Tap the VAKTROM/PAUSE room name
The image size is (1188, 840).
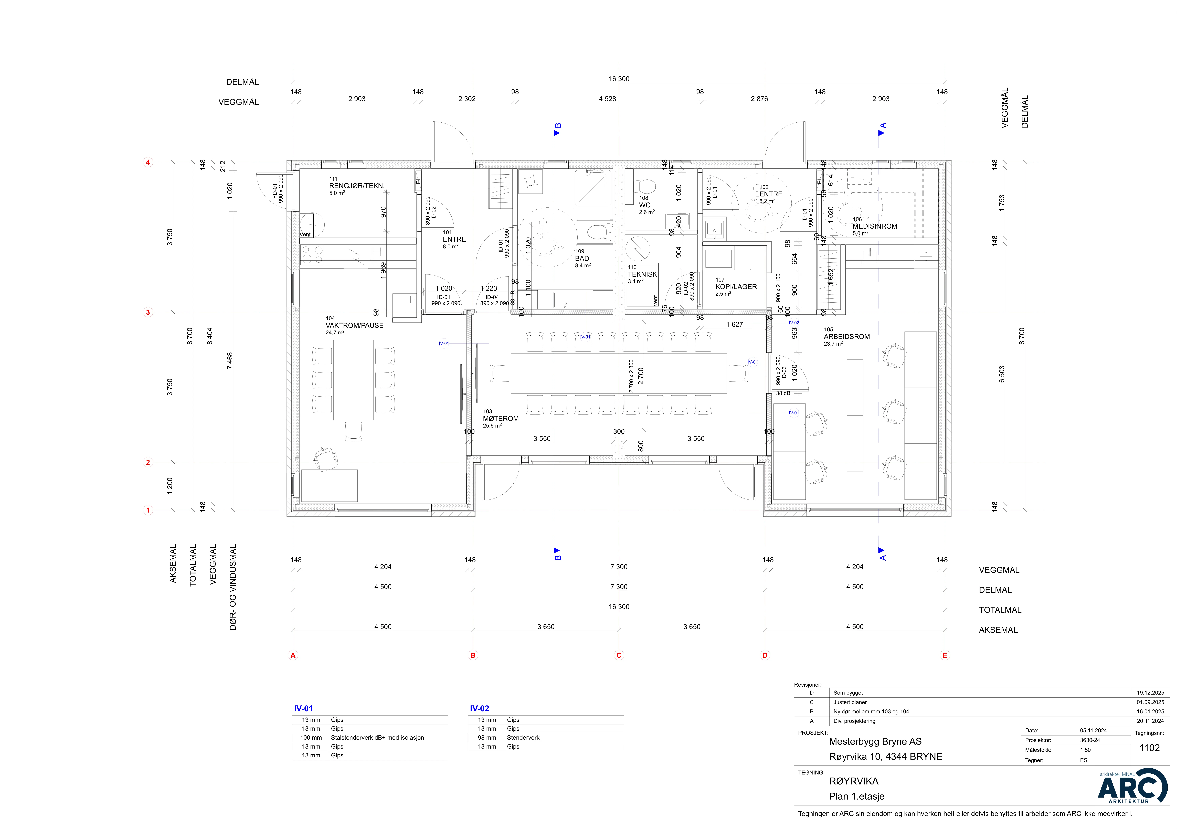click(x=354, y=326)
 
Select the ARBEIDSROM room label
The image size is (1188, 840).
click(x=846, y=336)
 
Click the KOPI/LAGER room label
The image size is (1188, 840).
click(x=736, y=287)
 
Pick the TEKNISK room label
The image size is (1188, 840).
click(x=642, y=274)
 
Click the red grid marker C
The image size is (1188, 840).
click(x=619, y=655)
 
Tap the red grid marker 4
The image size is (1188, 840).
click(x=148, y=162)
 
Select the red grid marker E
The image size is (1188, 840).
click(x=945, y=655)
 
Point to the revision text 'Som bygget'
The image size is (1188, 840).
click(x=848, y=693)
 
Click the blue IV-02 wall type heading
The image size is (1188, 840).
click(x=479, y=709)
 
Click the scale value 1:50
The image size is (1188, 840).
click(x=1085, y=750)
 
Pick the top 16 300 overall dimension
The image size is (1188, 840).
click(x=619, y=79)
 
